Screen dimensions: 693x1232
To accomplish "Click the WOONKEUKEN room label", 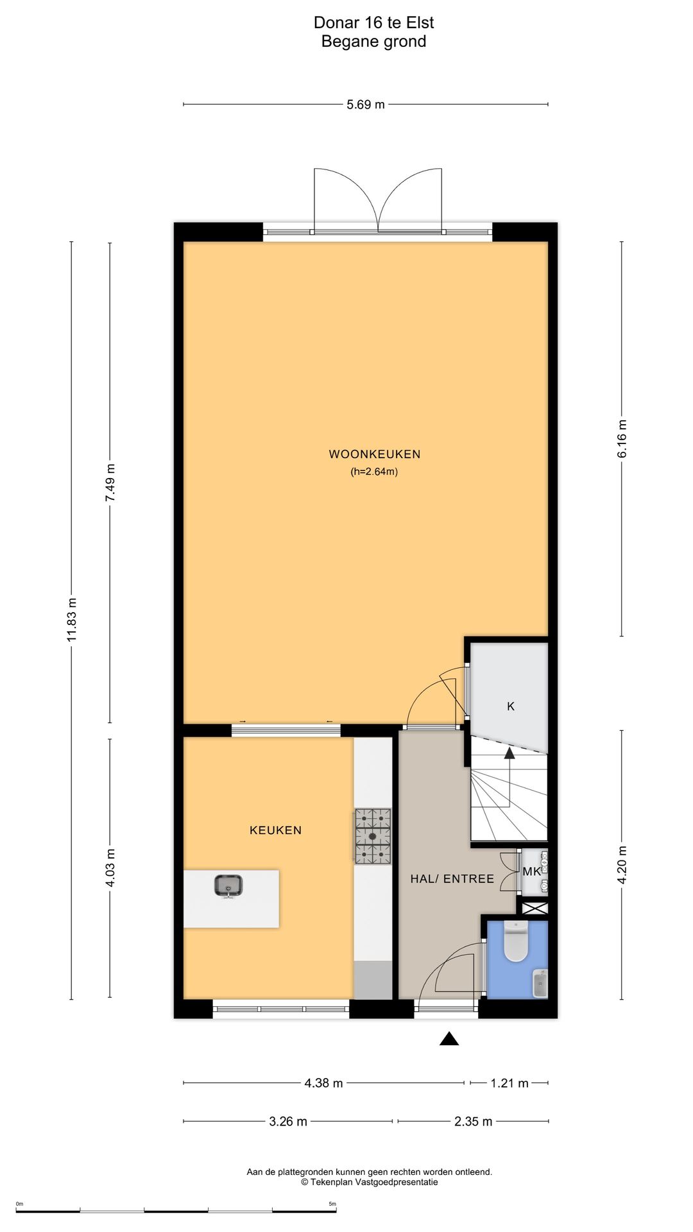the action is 375,454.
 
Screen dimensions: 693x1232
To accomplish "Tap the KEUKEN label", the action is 275,830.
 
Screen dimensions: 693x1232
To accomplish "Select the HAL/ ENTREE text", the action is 452,879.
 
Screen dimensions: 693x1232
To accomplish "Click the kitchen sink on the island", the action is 228,886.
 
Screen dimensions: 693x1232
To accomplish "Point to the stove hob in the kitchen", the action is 373,835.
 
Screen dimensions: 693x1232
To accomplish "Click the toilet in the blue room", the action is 516,941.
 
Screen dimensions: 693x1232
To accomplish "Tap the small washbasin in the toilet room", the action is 540,984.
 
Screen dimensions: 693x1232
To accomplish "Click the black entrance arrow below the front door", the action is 449,1038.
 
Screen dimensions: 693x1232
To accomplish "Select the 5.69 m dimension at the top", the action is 366,105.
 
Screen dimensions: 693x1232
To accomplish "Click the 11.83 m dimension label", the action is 72,620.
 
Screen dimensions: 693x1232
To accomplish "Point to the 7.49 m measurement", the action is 110,483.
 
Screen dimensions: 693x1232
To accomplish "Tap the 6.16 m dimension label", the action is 622,439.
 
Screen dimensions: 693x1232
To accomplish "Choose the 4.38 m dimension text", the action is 323,1083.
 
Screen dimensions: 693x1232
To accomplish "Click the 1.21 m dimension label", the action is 509,1083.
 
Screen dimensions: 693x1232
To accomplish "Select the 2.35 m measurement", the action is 474,1122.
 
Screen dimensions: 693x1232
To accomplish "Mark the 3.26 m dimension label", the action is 288,1122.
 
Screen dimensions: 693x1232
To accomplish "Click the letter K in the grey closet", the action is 511,706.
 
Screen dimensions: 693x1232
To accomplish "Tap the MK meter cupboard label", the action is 532,871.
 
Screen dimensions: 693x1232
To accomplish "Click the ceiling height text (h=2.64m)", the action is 374,472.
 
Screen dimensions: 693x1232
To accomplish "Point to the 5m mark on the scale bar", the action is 332,1204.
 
